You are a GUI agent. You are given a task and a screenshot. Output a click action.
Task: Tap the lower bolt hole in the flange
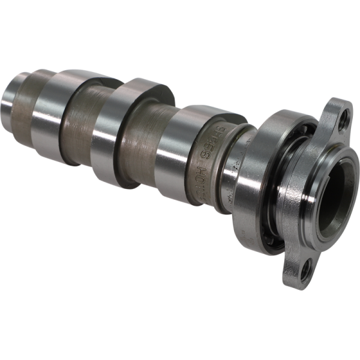tap(307, 269)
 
